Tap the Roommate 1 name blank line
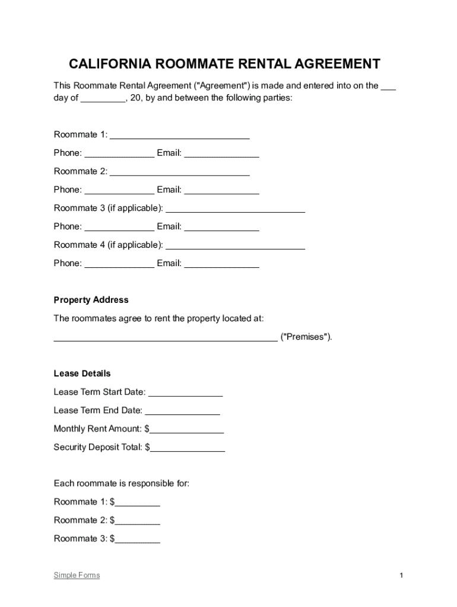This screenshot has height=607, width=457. [x=180, y=136]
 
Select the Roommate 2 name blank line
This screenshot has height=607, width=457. [x=180, y=173]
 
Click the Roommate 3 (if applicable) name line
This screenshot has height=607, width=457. [x=235, y=210]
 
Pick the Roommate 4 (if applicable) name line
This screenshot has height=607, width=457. [x=235, y=247]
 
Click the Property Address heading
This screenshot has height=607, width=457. [x=91, y=300]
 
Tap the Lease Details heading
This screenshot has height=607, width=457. [x=82, y=373]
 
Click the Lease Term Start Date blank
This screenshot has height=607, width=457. [x=185, y=394]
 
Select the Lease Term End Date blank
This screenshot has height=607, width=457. [x=182, y=412]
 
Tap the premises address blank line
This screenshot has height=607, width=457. [x=166, y=338]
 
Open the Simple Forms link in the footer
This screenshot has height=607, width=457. [x=77, y=575]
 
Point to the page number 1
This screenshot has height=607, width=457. [x=401, y=576]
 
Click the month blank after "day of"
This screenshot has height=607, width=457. [x=103, y=100]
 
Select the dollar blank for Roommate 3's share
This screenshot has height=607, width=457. [x=138, y=541]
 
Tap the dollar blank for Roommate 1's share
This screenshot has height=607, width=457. [x=138, y=504]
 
